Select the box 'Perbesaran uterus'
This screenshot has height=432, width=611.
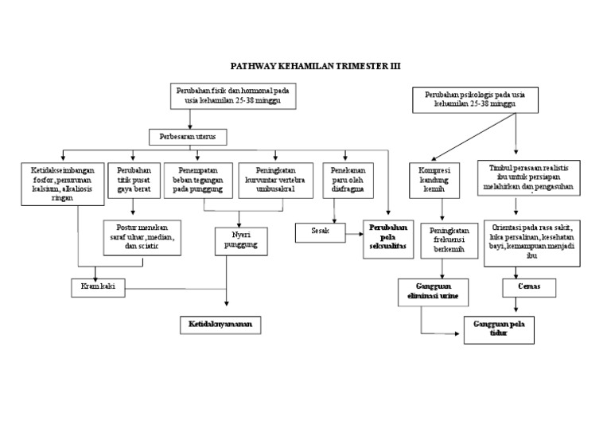click(x=188, y=137)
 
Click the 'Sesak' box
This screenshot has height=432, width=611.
click(x=321, y=232)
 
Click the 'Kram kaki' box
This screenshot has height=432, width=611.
click(x=98, y=286)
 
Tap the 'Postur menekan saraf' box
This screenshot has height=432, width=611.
click(x=143, y=238)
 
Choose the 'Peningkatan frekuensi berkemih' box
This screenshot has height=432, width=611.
click(x=445, y=238)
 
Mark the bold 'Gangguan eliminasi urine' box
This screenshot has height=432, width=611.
click(x=434, y=290)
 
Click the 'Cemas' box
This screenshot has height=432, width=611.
click(x=527, y=286)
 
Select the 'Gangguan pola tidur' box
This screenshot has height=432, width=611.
click(x=499, y=329)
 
